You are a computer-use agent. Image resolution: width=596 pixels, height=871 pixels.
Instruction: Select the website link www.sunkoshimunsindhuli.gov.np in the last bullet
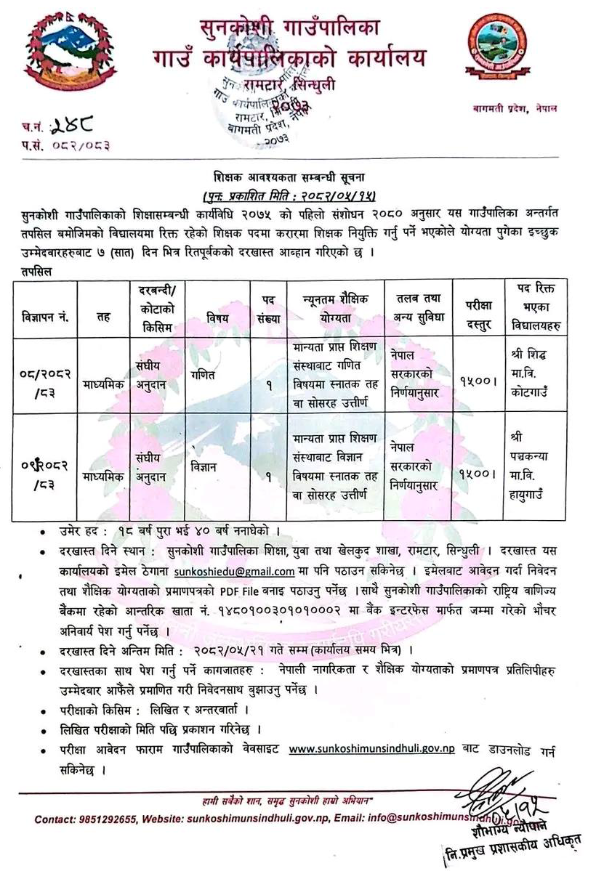click(x=372, y=748)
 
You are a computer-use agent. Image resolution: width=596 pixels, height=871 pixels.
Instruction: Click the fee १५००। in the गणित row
click(x=475, y=379)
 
